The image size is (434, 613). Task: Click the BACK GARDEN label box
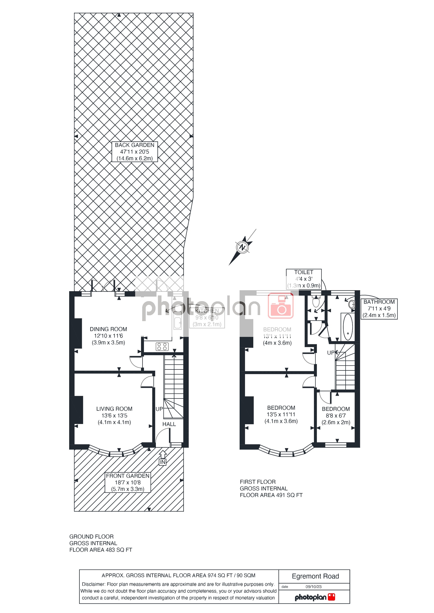134,152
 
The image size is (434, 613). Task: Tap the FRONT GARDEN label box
128,482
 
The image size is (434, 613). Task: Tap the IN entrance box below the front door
162,462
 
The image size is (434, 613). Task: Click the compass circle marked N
242,247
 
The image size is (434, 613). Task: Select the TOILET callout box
304,279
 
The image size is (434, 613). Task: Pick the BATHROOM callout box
379,309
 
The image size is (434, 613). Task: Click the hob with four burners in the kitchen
162,347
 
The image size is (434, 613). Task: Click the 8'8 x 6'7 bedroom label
336,415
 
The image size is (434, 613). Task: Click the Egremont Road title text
315,576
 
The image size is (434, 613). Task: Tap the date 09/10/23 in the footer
313,586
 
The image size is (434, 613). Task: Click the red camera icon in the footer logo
331,597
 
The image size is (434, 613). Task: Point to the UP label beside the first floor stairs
330,353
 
